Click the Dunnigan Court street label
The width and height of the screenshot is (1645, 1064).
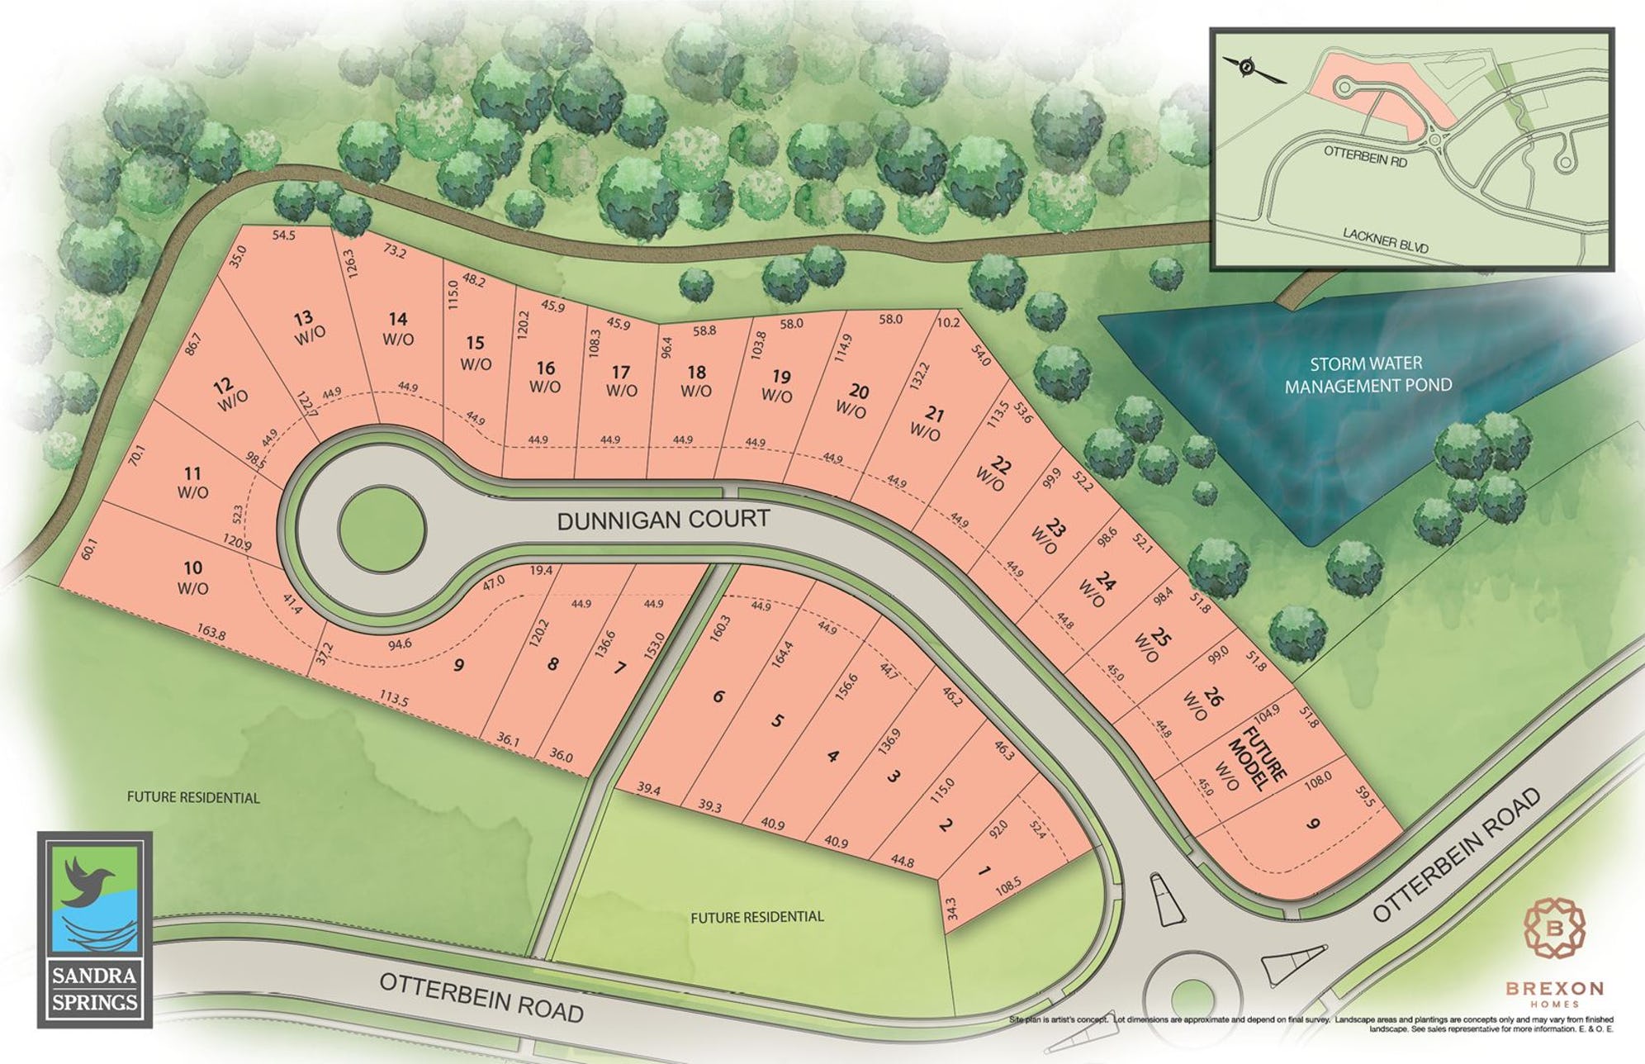(x=663, y=520)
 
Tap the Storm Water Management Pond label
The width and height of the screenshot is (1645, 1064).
(x=1368, y=374)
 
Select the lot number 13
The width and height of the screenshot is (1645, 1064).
(x=303, y=317)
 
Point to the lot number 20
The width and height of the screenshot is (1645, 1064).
(x=859, y=391)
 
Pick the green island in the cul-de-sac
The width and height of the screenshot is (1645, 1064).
(x=382, y=529)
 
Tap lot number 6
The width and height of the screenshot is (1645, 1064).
(x=718, y=696)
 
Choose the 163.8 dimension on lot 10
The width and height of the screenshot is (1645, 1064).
(x=211, y=634)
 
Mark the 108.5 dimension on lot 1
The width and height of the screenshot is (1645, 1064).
(x=1008, y=889)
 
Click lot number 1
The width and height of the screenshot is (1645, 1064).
(x=983, y=872)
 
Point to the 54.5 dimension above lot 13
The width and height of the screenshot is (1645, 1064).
(x=283, y=235)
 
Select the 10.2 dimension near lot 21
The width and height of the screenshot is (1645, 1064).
(x=949, y=323)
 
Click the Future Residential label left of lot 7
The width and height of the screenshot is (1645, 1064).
(x=192, y=798)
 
